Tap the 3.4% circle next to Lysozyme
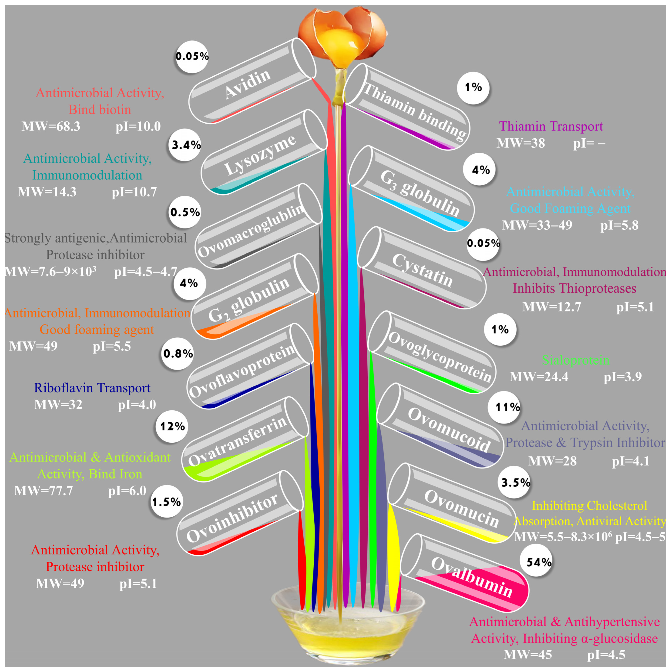tap(186, 145)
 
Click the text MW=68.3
tap(51, 126)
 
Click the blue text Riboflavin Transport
tap(92, 388)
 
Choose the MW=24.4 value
tap(539, 377)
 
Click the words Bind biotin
tap(100, 110)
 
